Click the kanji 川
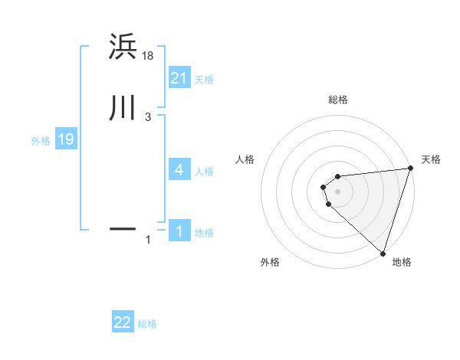123,109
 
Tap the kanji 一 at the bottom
123,228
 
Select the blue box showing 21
179,78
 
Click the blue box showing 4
179,170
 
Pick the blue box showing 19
66,139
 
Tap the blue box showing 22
123,322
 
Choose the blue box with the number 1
179,231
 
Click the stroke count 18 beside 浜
148,55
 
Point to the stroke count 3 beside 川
148,117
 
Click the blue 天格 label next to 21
204,80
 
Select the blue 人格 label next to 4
204,172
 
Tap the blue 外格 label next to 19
41,141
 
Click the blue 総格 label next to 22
147,324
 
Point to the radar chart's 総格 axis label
337,100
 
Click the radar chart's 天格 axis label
431,159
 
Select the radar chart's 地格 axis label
402,262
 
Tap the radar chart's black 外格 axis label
270,262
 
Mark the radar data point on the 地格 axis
383,253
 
